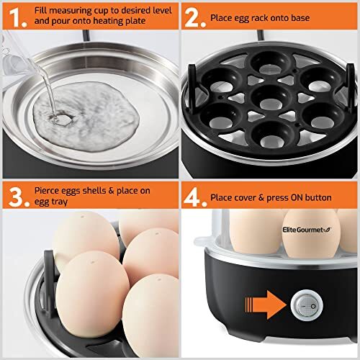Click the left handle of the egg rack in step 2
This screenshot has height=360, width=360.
pos(194,86)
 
